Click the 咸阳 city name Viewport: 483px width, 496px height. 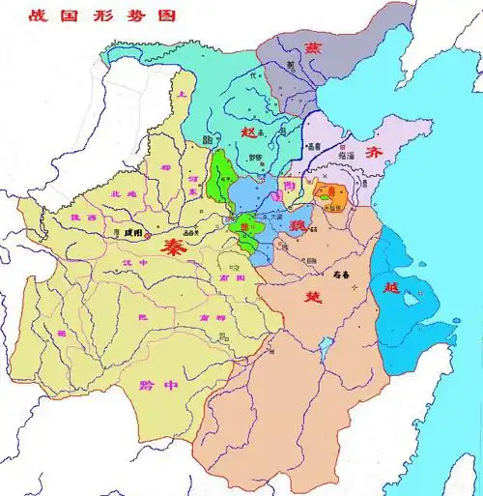tap(139, 233)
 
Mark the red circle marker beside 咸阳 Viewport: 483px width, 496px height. tap(122, 233)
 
